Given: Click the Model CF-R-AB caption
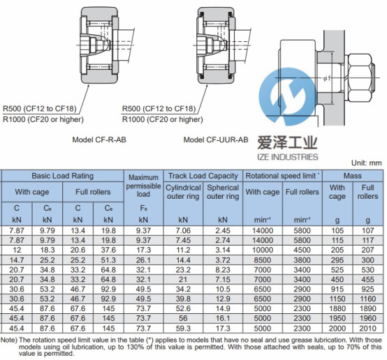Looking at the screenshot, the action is (x=99, y=140).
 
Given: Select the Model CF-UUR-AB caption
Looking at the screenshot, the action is (x=216, y=140).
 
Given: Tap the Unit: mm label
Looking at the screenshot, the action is (x=367, y=163).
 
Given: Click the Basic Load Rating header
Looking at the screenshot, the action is (x=62, y=176).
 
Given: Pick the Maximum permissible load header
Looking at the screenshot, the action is (x=143, y=186).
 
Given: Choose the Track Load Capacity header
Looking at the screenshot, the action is (x=203, y=176).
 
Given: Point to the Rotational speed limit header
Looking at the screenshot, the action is (x=282, y=176).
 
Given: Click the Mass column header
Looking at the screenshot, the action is (x=353, y=176).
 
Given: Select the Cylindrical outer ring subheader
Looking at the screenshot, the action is (x=183, y=192).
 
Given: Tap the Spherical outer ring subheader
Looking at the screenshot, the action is (x=223, y=192).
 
